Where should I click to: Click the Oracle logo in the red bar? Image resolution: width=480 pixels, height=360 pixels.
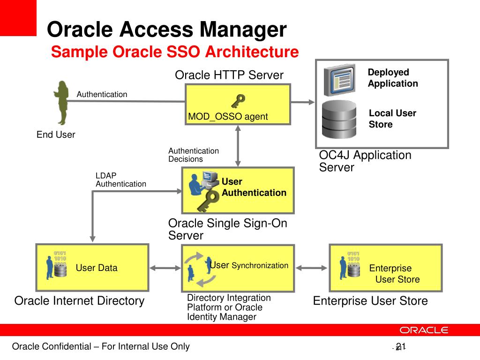[424, 330]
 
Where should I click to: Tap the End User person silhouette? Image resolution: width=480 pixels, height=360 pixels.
[61, 103]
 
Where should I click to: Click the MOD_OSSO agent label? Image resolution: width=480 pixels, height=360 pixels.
[228, 117]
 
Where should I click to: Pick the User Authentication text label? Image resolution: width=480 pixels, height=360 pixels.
[254, 187]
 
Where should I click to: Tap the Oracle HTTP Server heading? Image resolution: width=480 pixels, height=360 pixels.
[229, 75]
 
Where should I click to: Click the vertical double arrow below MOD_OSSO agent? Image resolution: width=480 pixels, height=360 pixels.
[238, 146]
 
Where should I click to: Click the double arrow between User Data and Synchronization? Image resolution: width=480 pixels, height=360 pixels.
[165, 268]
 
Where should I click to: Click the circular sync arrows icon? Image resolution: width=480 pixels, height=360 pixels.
[199, 269]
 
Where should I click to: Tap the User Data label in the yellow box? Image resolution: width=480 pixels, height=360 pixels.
[97, 268]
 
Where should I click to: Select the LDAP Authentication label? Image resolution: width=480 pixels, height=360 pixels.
[120, 180]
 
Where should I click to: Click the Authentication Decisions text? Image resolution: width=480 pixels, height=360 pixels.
[194, 155]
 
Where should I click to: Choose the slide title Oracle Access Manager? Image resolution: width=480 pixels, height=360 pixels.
[167, 30]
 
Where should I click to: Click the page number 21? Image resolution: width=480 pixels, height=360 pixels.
[400, 346]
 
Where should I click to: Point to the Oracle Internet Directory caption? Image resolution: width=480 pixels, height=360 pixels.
[79, 300]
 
